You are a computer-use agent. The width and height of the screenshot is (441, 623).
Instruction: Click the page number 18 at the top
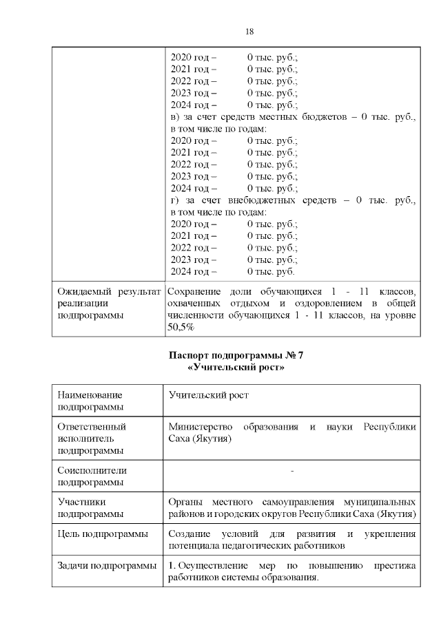pos(249,32)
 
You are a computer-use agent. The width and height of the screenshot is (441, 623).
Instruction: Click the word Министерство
pos(200,427)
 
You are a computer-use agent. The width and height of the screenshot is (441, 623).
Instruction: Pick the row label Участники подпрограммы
pos(88,508)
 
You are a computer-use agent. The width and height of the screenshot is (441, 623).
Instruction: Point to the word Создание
pos(190,534)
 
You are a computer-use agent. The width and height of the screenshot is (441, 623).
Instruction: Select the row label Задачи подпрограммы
pos(107,566)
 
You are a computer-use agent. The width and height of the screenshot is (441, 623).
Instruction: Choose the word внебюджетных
pos(265,200)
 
